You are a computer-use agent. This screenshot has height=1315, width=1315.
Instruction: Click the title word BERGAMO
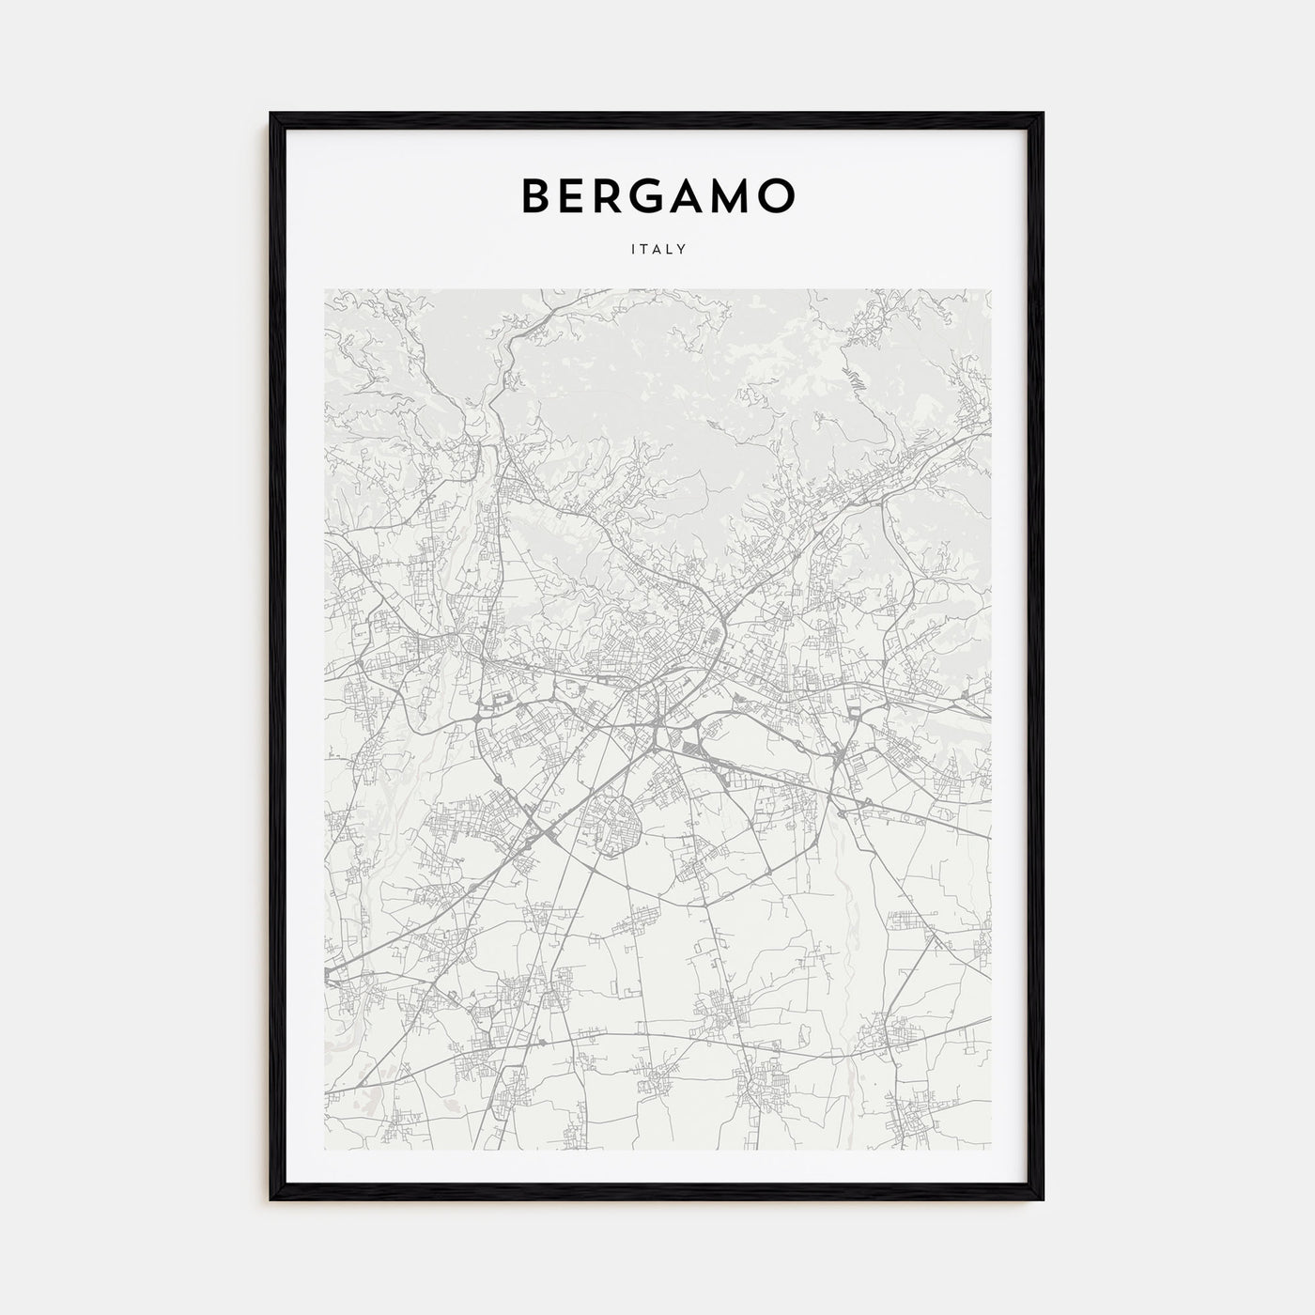tap(657, 195)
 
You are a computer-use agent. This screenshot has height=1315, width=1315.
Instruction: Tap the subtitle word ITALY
tap(657, 250)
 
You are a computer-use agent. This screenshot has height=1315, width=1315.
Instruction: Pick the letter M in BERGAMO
tap(733, 195)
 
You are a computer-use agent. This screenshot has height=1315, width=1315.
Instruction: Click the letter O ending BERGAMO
tap(779, 195)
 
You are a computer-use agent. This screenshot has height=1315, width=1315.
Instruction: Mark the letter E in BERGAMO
tap(572, 195)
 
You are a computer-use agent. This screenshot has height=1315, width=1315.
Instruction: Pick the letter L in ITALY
tap(671, 250)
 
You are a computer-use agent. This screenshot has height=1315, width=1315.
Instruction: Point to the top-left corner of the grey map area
tap(325, 289)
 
